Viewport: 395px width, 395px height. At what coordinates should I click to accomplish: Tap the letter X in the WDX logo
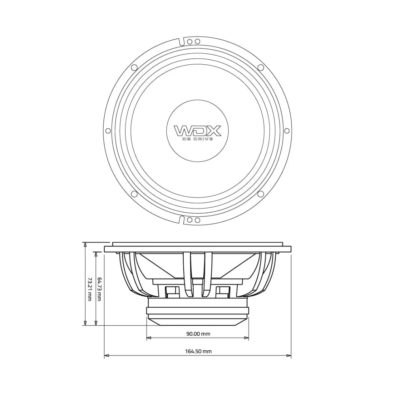pos(213,131)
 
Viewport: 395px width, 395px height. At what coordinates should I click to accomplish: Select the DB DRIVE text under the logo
pos(197,139)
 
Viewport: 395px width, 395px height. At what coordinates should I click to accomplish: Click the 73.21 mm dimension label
pos(89,288)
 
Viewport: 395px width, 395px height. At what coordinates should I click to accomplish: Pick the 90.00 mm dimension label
pos(198,334)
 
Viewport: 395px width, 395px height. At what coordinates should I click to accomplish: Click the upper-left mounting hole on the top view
pos(134,68)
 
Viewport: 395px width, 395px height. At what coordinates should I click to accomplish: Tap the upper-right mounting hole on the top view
pos(260,68)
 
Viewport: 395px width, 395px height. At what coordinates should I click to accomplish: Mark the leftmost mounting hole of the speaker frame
pos(108,131)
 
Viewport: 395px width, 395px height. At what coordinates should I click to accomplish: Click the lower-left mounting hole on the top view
pos(134,194)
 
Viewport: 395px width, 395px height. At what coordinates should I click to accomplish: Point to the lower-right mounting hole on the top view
pos(260,194)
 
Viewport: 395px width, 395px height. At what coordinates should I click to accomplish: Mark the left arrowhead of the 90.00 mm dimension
pos(149,338)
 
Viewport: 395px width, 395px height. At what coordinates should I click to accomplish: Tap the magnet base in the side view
pos(197,312)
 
